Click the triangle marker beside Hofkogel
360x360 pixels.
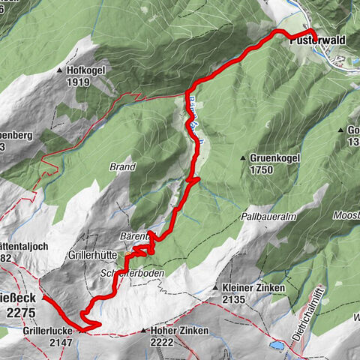point(60,70)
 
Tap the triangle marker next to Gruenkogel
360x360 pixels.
point(244,159)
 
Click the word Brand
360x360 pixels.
point(123,166)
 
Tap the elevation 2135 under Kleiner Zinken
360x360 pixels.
point(234,298)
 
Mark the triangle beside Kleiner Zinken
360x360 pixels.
point(216,288)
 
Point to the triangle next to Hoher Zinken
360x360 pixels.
point(142,330)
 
